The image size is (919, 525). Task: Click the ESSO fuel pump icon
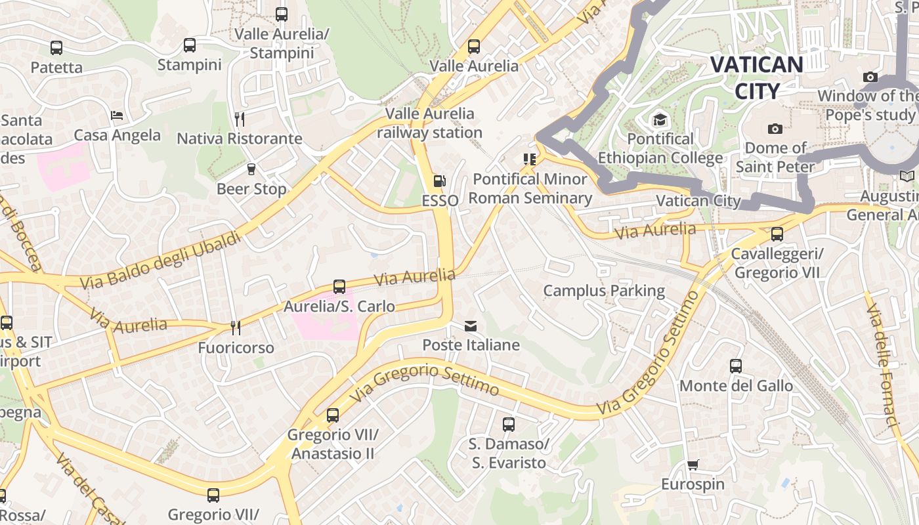439,181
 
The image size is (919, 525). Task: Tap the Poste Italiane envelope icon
471,326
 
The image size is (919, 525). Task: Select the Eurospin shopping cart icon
693,465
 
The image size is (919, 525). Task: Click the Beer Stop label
251,189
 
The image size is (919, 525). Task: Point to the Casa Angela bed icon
117,115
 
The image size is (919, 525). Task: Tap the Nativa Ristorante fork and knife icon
240,119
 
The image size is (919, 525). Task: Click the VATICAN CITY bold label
756,77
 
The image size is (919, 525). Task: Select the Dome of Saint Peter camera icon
775,129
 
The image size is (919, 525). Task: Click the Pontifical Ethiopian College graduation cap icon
660,119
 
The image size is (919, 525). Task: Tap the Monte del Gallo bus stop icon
736,366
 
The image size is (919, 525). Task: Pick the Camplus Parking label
604,290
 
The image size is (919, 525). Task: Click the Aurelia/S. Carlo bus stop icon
339,287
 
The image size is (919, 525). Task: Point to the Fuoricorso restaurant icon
236,327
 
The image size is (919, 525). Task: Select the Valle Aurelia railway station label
429,123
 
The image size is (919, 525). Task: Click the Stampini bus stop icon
190,45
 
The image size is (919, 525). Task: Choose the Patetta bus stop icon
56,48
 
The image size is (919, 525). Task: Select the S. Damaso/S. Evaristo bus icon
509,425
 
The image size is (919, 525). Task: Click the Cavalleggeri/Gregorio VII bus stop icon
777,234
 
